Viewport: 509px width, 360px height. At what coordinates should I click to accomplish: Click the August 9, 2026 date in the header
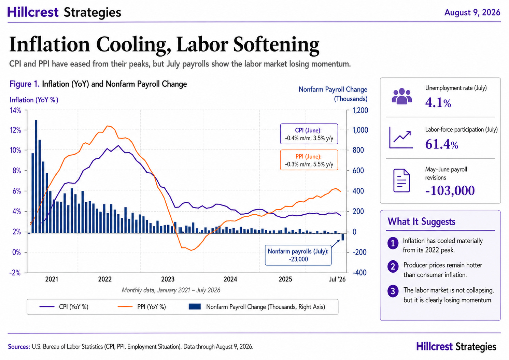pyautogui.click(x=472, y=12)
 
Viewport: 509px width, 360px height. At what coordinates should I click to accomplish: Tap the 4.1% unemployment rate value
pyautogui.click(x=438, y=103)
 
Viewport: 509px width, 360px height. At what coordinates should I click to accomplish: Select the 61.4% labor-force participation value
pyautogui.click(x=442, y=144)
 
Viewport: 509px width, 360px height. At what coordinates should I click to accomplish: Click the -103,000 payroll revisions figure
pyautogui.click(x=450, y=190)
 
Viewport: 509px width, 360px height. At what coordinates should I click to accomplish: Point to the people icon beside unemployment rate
pyautogui.click(x=402, y=96)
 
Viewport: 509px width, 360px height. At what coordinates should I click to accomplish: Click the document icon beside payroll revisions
pyautogui.click(x=401, y=181)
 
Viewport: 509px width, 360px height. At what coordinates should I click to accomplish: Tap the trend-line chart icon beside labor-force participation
pyautogui.click(x=401, y=138)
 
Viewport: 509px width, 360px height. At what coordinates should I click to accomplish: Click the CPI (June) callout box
pyautogui.click(x=309, y=134)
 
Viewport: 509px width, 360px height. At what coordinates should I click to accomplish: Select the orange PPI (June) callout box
pyautogui.click(x=309, y=160)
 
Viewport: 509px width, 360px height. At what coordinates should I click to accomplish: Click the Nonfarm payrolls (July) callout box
pyautogui.click(x=298, y=255)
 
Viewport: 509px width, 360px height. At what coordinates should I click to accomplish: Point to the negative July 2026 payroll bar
pyautogui.click(x=343, y=237)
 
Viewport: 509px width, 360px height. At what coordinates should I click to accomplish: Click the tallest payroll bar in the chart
pyautogui.click(x=36, y=176)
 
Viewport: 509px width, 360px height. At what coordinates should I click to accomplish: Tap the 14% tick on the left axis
pyautogui.click(x=15, y=111)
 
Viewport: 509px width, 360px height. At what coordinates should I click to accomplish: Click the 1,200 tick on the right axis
pyautogui.click(x=360, y=110)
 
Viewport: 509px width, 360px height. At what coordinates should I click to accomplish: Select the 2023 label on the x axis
pyautogui.click(x=168, y=279)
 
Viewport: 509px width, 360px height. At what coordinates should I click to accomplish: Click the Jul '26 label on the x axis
pyautogui.click(x=337, y=279)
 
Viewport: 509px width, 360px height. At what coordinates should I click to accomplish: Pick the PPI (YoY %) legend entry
pyautogui.click(x=142, y=307)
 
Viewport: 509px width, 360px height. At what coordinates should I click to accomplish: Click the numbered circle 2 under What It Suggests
pyautogui.click(x=393, y=267)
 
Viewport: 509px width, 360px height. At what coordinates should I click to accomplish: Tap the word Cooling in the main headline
pyautogui.click(x=133, y=45)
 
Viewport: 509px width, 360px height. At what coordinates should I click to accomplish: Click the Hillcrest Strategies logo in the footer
pyautogui.click(x=456, y=347)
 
